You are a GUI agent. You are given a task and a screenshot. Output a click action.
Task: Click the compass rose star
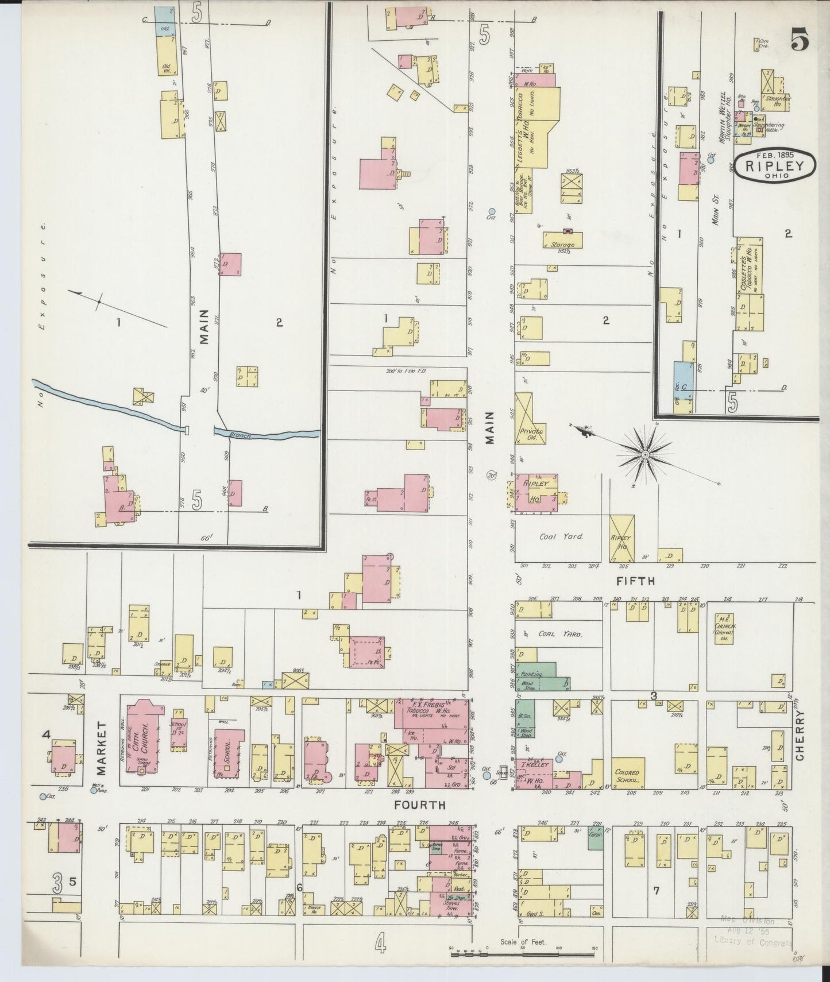645,455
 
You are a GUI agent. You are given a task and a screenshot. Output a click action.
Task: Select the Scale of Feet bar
523,955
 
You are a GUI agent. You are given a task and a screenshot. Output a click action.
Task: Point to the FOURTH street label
419,805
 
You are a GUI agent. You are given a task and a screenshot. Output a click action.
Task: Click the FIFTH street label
635,581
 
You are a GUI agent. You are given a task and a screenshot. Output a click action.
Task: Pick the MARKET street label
102,747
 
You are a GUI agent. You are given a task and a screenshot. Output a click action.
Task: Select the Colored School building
627,775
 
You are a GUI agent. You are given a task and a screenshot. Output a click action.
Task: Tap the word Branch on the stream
240,436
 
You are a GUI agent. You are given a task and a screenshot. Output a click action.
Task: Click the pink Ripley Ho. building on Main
535,493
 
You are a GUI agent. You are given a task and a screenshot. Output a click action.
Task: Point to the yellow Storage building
563,241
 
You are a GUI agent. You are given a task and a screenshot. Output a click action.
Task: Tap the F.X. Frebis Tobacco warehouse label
428,708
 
